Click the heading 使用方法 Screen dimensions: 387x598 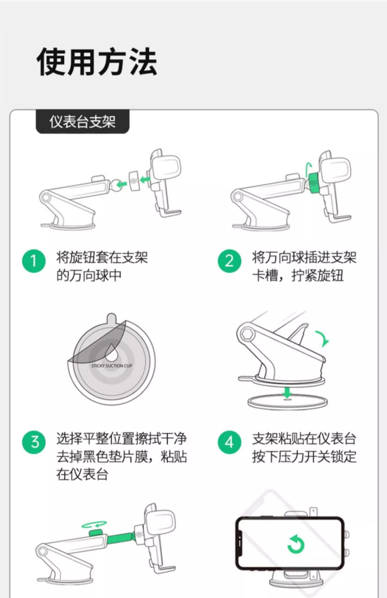pos(97,62)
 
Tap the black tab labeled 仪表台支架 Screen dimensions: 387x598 pos(83,122)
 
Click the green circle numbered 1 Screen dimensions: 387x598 pos(34,261)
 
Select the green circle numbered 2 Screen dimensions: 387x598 pos(229,261)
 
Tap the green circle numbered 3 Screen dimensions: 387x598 pos(34,442)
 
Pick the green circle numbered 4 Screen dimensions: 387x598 pos(229,442)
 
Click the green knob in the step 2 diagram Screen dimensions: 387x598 pos(314,183)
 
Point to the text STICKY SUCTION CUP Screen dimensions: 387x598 pos(111,366)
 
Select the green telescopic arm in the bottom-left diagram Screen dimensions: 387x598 pos(120,538)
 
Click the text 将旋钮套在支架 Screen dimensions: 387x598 pos(102,257)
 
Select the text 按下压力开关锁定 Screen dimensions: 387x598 pos(304,457)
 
